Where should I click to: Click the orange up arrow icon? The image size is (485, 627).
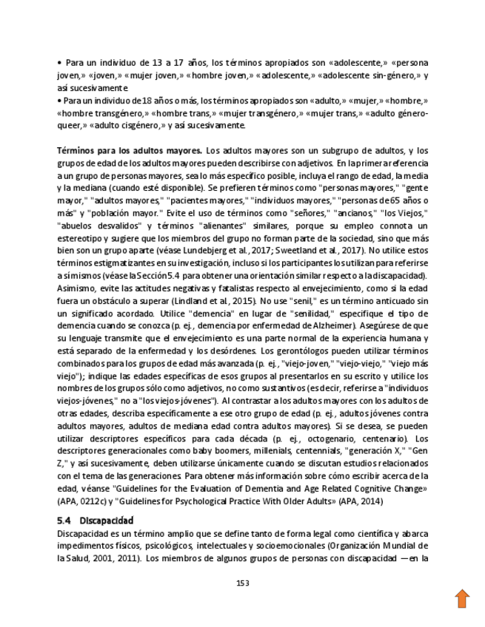tap(462, 597)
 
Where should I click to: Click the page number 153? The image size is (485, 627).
tap(242, 583)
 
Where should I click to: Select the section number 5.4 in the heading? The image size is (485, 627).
tap(64, 521)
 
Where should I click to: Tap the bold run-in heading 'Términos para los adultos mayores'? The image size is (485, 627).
tap(129, 150)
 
